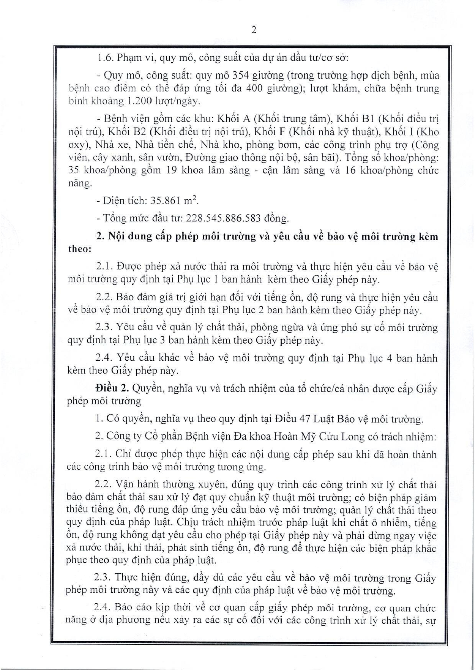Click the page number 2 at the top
point(254,30)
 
